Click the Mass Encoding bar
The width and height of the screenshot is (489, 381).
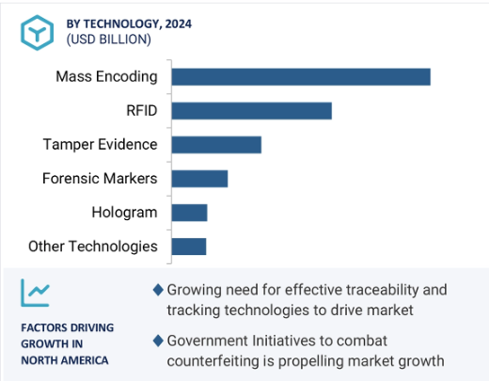tap(301, 77)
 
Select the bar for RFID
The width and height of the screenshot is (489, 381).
tap(252, 111)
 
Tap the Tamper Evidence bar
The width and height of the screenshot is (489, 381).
tap(216, 145)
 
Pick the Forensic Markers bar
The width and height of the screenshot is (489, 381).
tap(199, 179)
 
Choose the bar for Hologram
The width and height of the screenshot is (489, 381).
tap(190, 213)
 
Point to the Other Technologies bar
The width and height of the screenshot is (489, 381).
tap(189, 246)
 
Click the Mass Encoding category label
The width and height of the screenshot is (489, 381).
tap(106, 77)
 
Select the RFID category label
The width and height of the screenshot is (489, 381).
tap(142, 111)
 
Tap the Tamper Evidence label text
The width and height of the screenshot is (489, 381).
tap(100, 145)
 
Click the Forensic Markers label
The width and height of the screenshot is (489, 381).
tap(100, 179)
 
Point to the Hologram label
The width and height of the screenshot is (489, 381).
tap(124, 213)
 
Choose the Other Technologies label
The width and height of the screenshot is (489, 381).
tap(93, 246)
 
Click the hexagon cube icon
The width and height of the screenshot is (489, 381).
tap(38, 33)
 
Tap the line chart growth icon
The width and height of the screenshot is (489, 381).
tap(35, 293)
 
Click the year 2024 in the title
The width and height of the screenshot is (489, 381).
tap(179, 24)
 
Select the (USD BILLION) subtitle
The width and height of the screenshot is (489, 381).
tap(109, 40)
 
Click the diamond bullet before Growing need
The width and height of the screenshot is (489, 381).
tap(158, 290)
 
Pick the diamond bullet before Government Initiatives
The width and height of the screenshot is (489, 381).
tap(158, 341)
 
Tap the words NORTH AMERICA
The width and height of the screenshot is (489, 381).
tap(65, 360)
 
